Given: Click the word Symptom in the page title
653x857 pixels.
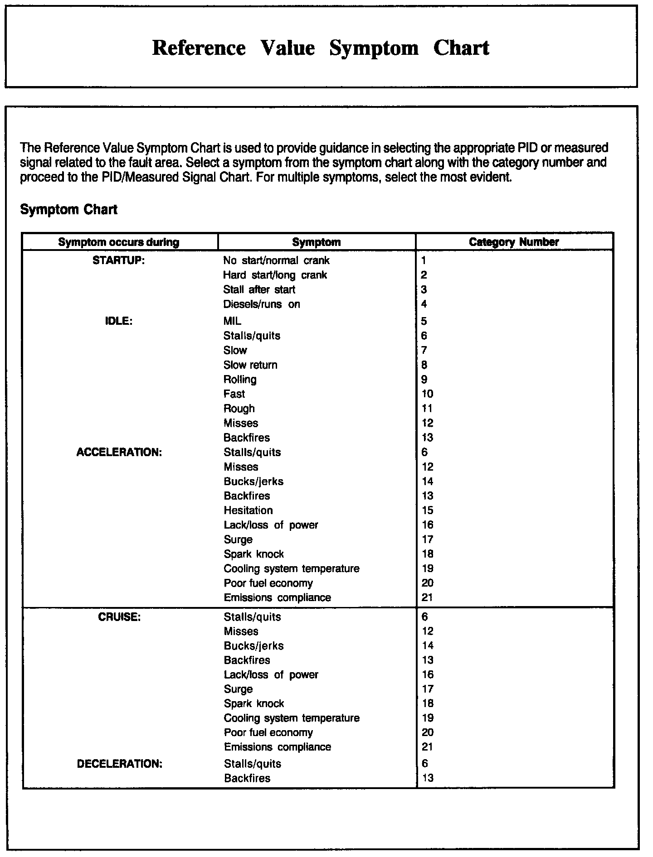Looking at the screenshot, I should click(x=374, y=48).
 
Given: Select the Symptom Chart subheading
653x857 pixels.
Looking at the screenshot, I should click(x=69, y=210).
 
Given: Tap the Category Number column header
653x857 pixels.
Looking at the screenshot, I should click(x=514, y=242).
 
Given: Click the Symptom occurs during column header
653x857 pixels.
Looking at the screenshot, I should click(x=119, y=242).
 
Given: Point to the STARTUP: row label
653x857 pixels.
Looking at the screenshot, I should click(x=119, y=260).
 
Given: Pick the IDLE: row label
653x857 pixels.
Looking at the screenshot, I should click(x=119, y=321).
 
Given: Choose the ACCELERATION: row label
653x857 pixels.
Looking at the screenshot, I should click(x=119, y=453).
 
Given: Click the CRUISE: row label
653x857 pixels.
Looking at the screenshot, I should click(x=119, y=617).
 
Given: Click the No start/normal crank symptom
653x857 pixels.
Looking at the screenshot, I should click(x=276, y=260).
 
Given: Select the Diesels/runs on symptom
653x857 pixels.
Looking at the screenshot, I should click(x=262, y=304).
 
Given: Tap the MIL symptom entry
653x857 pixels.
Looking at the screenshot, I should click(x=232, y=321).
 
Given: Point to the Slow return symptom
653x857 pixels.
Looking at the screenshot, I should click(x=250, y=365).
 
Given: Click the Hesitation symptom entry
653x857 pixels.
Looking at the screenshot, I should click(x=248, y=510).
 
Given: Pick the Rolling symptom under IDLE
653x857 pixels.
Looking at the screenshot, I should click(x=240, y=380).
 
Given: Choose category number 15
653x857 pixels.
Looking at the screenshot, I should click(x=427, y=510).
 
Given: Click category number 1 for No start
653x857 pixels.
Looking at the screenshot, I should click(x=424, y=260).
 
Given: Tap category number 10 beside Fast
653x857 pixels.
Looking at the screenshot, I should click(x=427, y=394).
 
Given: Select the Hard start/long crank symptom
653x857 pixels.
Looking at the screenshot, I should click(x=275, y=275).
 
